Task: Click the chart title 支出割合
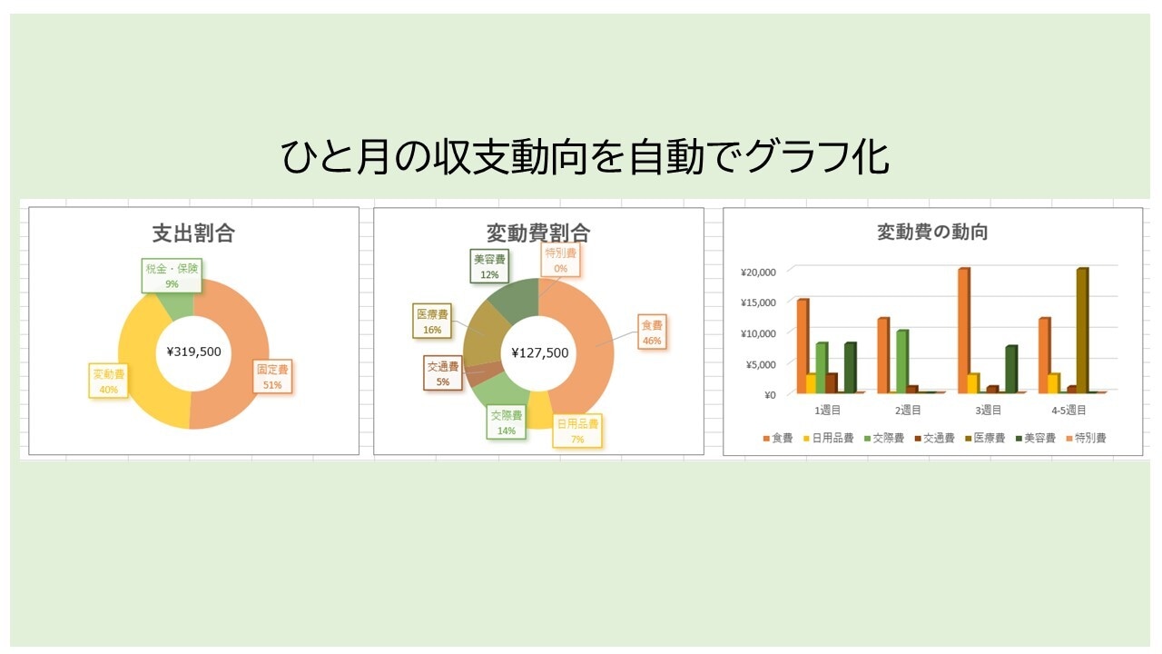[x=193, y=233]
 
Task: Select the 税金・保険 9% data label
[x=172, y=275]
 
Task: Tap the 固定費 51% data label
[x=272, y=376]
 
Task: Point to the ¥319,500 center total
[x=194, y=352]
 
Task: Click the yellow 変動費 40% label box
[x=108, y=381]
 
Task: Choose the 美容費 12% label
[x=489, y=266]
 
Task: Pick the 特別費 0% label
[x=560, y=260]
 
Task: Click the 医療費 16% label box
[x=432, y=322]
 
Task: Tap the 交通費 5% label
[x=442, y=373]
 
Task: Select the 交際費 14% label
[x=507, y=422]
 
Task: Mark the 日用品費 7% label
[x=577, y=431]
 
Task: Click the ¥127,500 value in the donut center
[x=540, y=353]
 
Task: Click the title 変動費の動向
[x=932, y=232]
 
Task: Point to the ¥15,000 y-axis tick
[x=758, y=302]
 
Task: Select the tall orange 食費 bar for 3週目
[x=964, y=331]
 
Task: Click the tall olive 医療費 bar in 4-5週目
[x=1082, y=331]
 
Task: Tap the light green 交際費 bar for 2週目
[x=902, y=362]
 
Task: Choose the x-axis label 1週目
[x=827, y=410]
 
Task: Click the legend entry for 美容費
[x=1036, y=438]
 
